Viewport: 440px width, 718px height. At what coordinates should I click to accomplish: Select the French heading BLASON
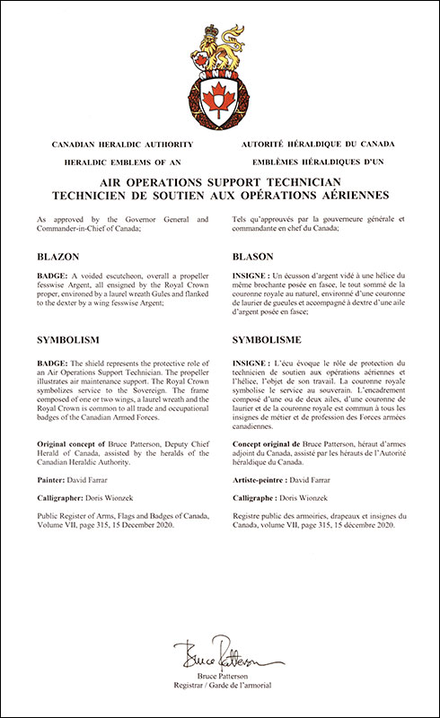(252, 256)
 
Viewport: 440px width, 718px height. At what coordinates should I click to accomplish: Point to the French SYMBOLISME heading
(268, 340)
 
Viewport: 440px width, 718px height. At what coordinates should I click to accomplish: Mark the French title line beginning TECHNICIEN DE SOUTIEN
(220, 195)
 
